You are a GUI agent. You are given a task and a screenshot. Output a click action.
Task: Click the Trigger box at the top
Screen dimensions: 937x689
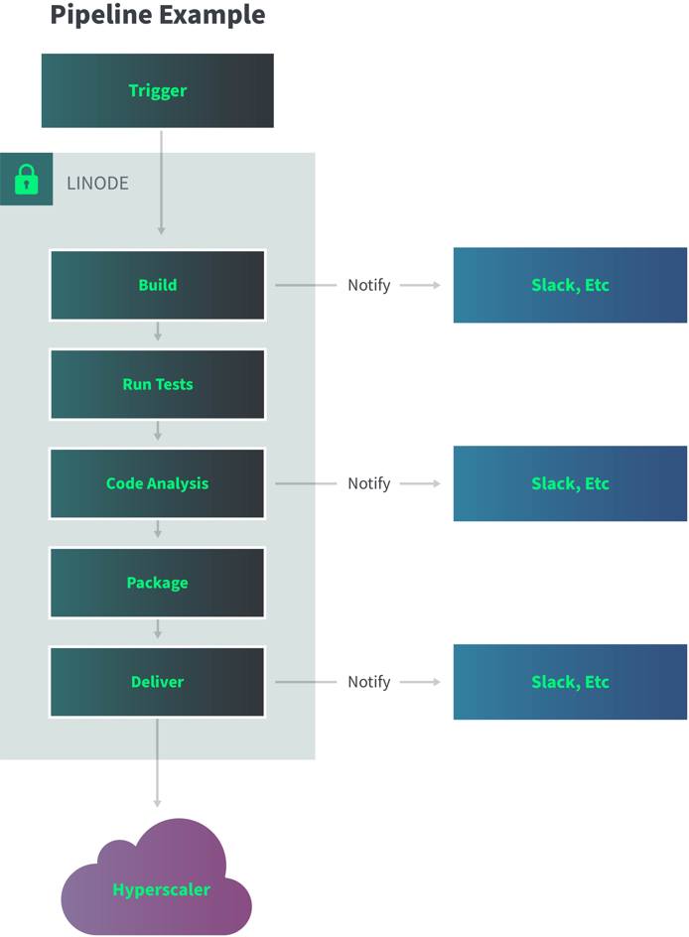pyautogui.click(x=157, y=90)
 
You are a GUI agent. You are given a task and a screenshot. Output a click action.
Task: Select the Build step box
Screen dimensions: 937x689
pyautogui.click(x=157, y=285)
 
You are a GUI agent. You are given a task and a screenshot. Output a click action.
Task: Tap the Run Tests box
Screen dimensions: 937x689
pyautogui.click(x=157, y=384)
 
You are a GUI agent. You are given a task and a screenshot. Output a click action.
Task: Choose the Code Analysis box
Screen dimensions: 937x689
pyautogui.click(x=157, y=483)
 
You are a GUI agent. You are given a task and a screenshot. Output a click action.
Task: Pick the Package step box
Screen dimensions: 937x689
pyautogui.click(x=157, y=583)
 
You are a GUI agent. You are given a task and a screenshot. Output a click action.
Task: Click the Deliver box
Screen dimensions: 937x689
pyautogui.click(x=157, y=682)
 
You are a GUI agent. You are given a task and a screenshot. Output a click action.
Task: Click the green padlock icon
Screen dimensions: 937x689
pyautogui.click(x=26, y=181)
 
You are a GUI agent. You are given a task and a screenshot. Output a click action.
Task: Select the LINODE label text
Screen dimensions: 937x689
pyautogui.click(x=97, y=184)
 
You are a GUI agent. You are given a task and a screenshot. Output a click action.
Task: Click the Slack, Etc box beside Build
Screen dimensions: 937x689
pyautogui.click(x=570, y=285)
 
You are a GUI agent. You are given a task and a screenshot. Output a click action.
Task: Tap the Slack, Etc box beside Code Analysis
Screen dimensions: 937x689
pyautogui.click(x=570, y=483)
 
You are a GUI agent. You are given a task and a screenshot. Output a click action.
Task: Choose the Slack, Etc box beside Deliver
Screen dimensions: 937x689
pyautogui.click(x=570, y=682)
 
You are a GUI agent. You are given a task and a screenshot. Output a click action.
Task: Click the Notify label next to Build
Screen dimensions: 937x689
pyautogui.click(x=368, y=285)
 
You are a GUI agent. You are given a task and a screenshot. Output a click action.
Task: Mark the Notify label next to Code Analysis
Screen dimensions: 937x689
pyautogui.click(x=368, y=483)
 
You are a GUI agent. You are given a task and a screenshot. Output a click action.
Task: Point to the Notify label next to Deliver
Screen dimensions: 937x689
pyautogui.click(x=368, y=682)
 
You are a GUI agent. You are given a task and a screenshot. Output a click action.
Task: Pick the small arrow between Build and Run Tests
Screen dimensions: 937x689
pyautogui.click(x=157, y=333)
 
